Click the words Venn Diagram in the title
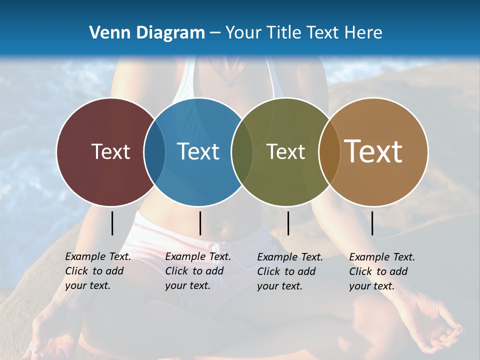pos(146,33)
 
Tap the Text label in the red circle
pos(110,151)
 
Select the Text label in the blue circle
pos(198,151)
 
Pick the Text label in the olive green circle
pos(285,151)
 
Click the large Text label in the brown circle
pos(373,151)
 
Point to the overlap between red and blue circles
pos(154,151)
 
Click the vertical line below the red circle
pos(112,223)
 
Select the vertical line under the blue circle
pos(200,223)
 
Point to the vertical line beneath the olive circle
pos(288,223)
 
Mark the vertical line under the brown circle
pos(372,223)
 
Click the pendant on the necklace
pos(228,84)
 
